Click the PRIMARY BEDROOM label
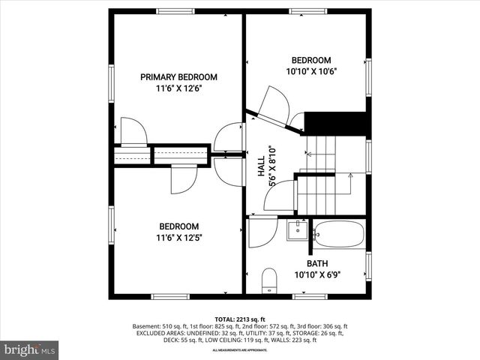coord(179,76)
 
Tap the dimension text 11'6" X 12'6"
coord(179,88)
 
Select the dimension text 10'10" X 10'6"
coord(310,72)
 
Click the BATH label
coord(316,264)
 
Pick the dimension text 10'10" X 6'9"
coord(316,275)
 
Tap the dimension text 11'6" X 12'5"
coord(179,238)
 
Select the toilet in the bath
coord(270,281)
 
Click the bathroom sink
coord(298,230)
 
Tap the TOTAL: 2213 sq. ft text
coord(240,319)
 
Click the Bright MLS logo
coord(30,349)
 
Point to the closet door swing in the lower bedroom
coord(184,178)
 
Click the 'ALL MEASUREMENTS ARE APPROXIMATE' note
coord(240,350)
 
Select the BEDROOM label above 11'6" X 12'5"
coord(179,226)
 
